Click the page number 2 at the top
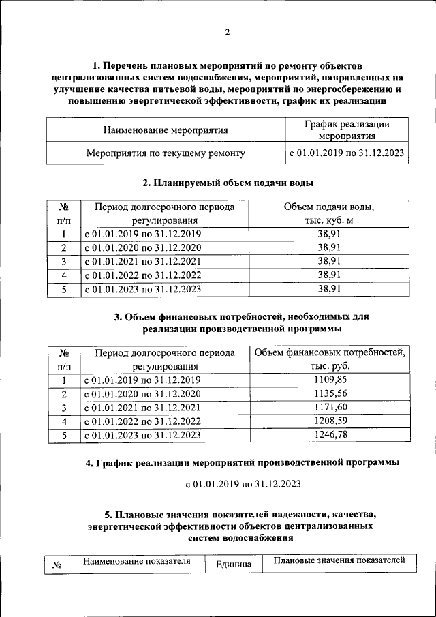point(228,32)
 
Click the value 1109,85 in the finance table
point(330,380)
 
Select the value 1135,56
point(330,393)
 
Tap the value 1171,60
point(330,407)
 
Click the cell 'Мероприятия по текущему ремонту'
point(166,153)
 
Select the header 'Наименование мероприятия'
point(166,130)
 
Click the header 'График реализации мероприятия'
point(346,130)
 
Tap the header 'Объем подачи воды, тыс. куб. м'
point(329,213)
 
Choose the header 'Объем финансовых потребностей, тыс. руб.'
point(330,359)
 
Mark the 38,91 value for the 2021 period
point(329,261)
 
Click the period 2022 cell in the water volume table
point(142,275)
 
